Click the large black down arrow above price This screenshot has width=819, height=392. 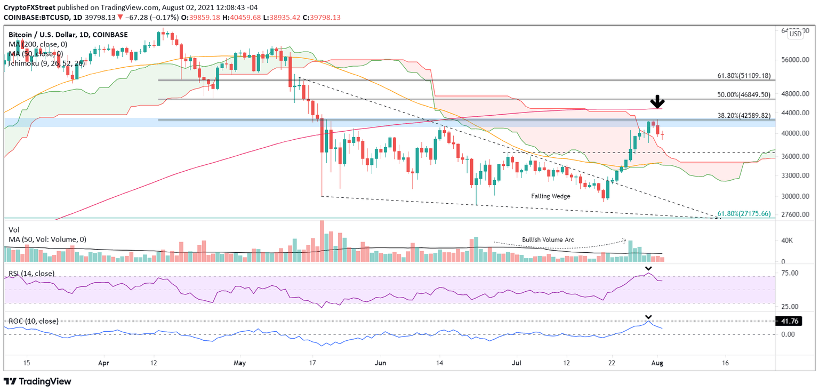coord(658,101)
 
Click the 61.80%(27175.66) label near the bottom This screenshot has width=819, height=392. coord(744,214)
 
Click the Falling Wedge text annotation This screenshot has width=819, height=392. coord(550,196)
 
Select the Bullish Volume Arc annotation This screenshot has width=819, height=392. coord(548,240)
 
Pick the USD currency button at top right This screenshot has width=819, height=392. coord(795,34)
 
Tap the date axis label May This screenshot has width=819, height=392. coord(240,363)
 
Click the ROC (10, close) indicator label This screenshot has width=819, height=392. coord(33,321)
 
